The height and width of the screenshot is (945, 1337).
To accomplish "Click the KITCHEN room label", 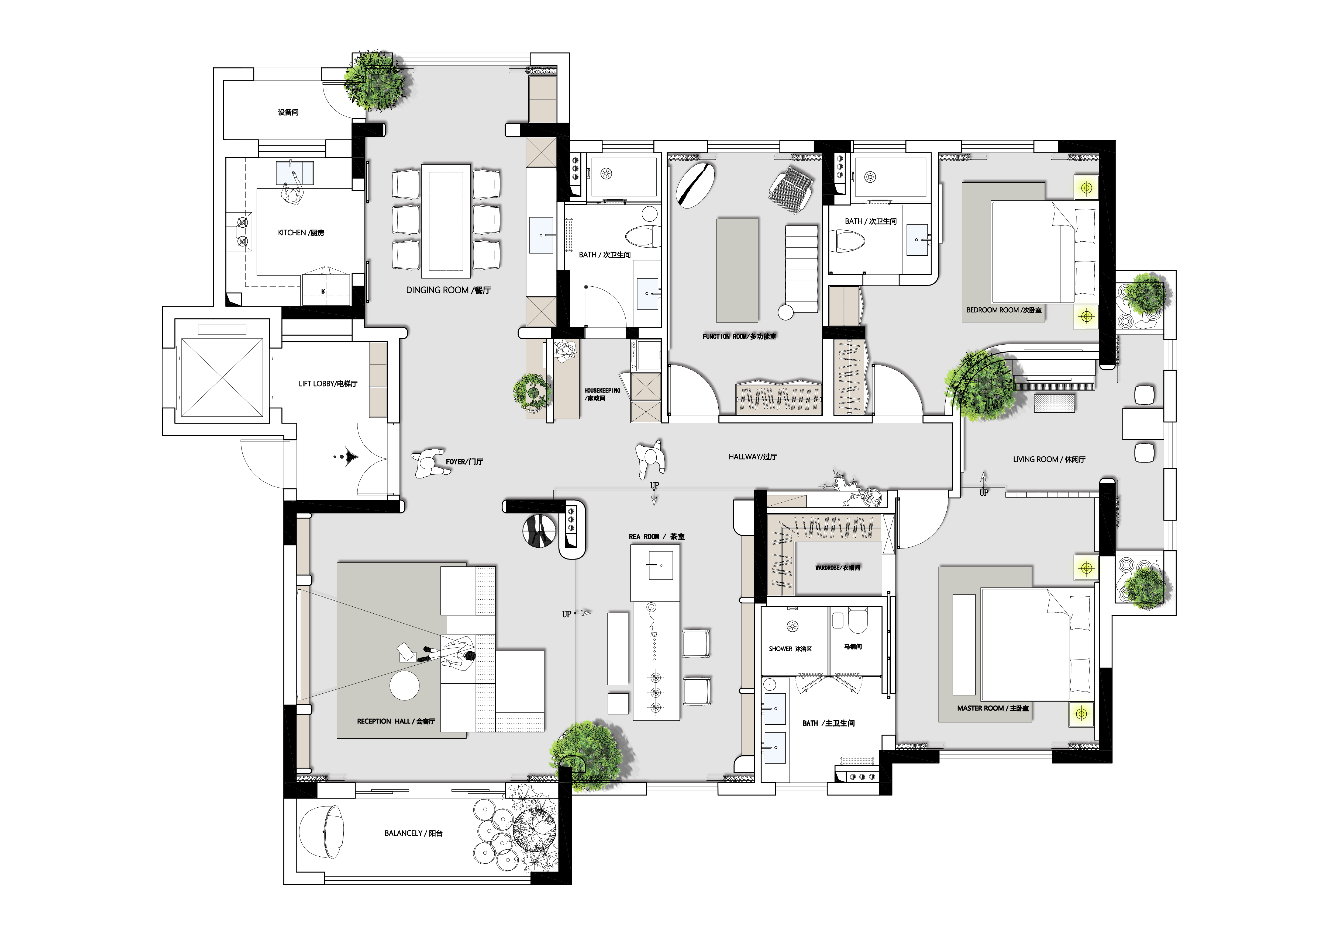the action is (x=301, y=233).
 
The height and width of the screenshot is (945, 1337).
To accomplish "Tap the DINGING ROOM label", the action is (x=448, y=290).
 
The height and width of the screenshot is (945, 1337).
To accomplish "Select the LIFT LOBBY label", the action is (x=328, y=384).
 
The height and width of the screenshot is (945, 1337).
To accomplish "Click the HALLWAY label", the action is (x=752, y=457).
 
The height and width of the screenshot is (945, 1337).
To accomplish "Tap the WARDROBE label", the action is (x=837, y=567).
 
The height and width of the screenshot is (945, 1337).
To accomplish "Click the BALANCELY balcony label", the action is (x=413, y=833).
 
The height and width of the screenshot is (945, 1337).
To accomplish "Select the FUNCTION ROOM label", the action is (x=739, y=336).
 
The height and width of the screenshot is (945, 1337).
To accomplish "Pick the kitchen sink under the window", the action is (x=295, y=173).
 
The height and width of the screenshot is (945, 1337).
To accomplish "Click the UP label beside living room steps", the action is (x=984, y=492).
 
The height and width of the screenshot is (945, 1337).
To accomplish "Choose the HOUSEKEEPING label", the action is (x=602, y=394).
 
